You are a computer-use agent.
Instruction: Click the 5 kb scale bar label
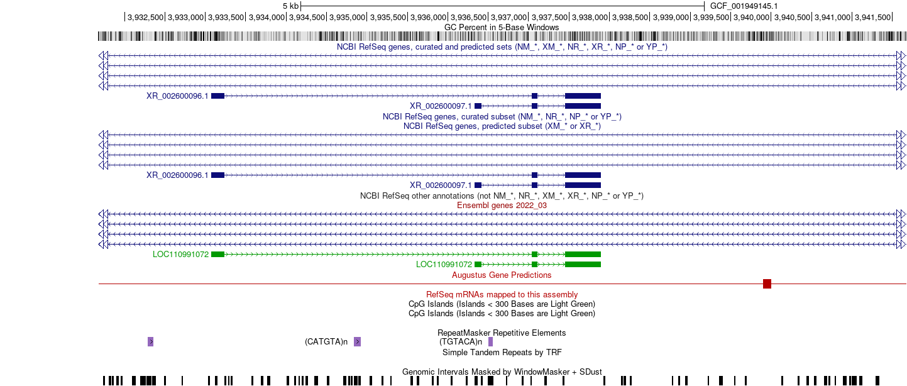[290, 6]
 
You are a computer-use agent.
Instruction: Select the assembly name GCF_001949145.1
[744, 6]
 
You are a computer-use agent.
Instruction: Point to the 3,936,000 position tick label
[428, 18]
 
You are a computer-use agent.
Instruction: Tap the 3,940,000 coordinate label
[751, 18]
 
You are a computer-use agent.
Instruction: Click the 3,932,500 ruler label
[145, 18]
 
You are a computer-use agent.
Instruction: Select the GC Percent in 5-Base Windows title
[502, 27]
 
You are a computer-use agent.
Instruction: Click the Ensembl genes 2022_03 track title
[502, 206]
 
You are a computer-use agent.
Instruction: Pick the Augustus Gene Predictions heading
[502, 275]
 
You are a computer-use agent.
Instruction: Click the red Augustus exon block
[767, 284]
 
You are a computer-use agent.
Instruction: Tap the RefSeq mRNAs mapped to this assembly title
[502, 294]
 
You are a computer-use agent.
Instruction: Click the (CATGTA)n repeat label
[326, 342]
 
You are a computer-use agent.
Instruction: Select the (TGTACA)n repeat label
[461, 342]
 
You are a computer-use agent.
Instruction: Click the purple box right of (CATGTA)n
[357, 342]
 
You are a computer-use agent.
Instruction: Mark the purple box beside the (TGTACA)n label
[490, 342]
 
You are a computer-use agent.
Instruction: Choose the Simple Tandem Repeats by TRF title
[502, 353]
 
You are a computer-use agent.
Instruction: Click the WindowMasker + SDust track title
[502, 372]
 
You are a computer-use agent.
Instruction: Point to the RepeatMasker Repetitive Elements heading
[502, 333]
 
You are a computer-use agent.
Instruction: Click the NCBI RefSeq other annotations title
[502, 196]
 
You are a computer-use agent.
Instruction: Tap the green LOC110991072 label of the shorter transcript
[444, 265]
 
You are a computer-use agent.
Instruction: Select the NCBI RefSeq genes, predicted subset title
[502, 126]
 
